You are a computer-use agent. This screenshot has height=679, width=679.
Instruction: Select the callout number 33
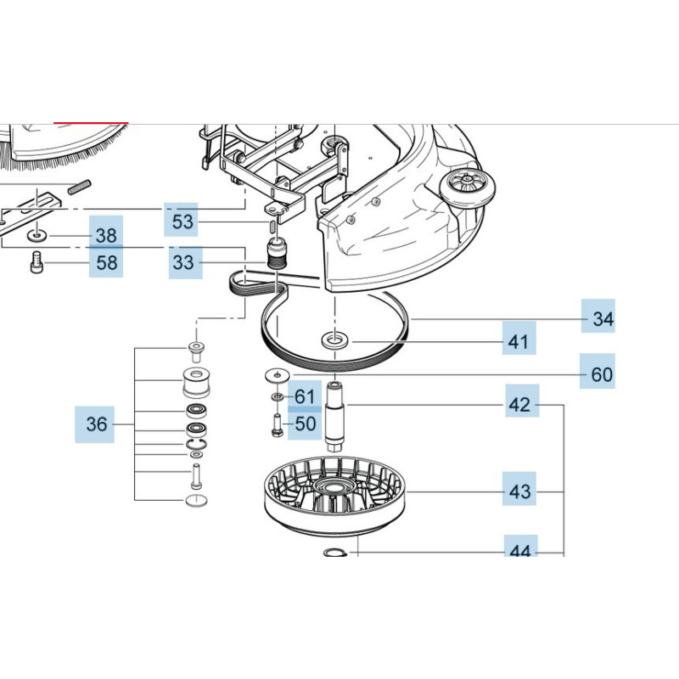pos(183,263)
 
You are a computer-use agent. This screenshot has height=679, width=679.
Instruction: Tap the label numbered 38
pos(106,236)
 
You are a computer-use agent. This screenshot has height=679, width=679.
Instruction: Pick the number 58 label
pos(106,262)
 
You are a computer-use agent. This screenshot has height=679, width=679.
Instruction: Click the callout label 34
pos(603,319)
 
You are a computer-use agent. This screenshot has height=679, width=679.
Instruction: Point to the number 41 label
pos(519,342)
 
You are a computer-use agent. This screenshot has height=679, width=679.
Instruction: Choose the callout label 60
pos(602,374)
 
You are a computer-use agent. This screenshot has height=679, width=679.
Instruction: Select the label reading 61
pos(305,396)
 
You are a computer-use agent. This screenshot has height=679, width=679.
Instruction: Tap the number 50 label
pos(305,423)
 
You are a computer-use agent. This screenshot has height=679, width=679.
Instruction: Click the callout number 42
pos(519,405)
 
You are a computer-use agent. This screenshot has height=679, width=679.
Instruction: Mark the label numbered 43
pos(519,491)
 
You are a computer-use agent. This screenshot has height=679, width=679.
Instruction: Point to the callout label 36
pos(98,424)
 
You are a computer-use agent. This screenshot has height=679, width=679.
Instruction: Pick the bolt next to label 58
pos(36,262)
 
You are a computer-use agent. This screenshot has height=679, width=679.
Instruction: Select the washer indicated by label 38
pos(36,235)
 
